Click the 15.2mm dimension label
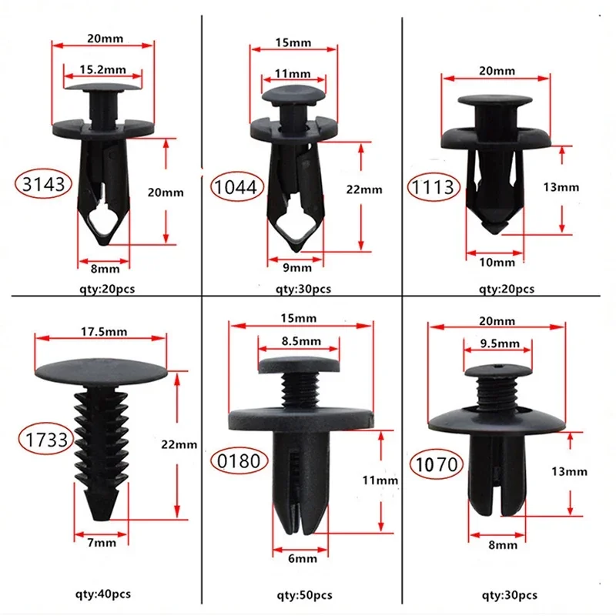[102, 69]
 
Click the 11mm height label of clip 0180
[381, 480]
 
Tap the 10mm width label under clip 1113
[495, 263]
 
